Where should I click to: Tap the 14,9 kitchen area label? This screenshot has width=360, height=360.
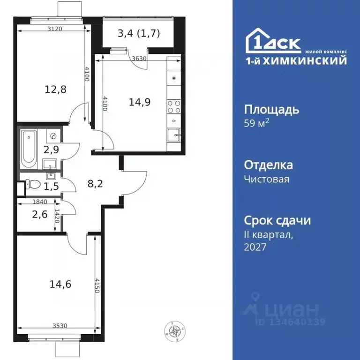pyautogui.click(x=139, y=102)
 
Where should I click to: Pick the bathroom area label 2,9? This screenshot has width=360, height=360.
pyautogui.click(x=51, y=150)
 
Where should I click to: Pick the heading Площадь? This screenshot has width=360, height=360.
pyautogui.click(x=272, y=110)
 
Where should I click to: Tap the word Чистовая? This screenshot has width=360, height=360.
pyautogui.click(x=267, y=179)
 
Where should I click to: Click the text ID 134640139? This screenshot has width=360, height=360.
pyautogui.click(x=290, y=322)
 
